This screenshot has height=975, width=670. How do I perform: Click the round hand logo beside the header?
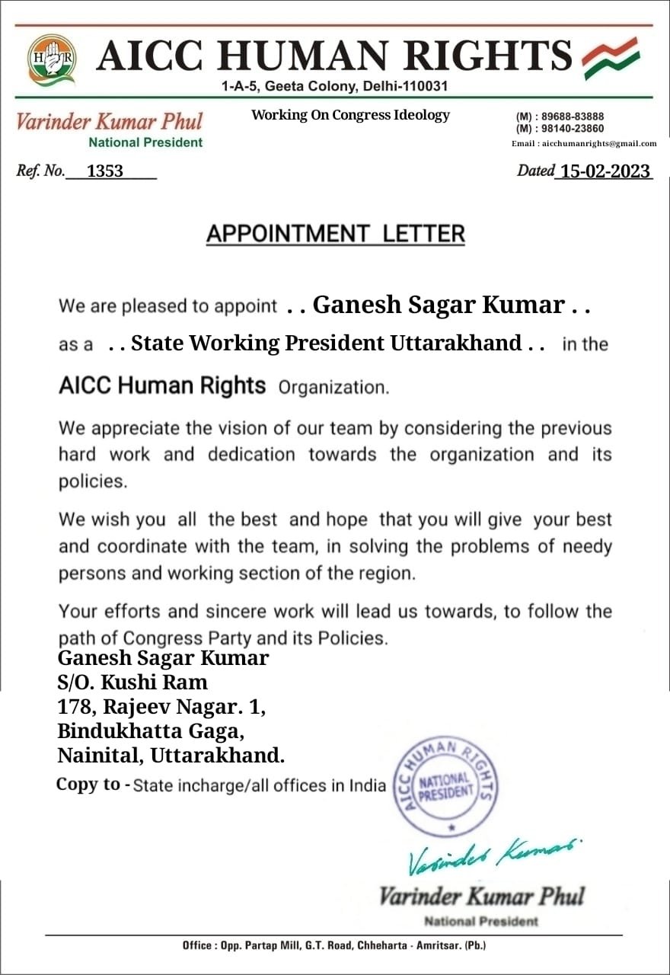coord(52,59)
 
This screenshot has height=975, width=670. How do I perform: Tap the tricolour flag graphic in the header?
coord(611,59)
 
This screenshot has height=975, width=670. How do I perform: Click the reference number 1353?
coord(105,171)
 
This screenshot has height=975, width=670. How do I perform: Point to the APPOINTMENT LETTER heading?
coord(335,234)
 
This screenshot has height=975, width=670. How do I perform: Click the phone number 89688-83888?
coord(572,117)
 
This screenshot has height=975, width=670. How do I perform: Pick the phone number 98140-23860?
coord(572,129)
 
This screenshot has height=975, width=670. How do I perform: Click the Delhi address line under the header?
coord(334,87)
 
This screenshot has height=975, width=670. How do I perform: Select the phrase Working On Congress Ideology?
coord(350,115)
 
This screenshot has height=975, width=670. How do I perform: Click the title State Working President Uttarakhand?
coord(327,344)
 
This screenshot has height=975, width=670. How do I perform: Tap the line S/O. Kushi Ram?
coord(132,682)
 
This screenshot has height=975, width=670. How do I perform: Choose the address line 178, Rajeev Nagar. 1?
coord(161,707)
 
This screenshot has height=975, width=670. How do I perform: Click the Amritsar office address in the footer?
coord(334,945)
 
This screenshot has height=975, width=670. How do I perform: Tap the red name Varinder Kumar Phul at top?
coord(110,122)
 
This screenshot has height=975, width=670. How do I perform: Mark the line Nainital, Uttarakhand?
coord(171,756)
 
